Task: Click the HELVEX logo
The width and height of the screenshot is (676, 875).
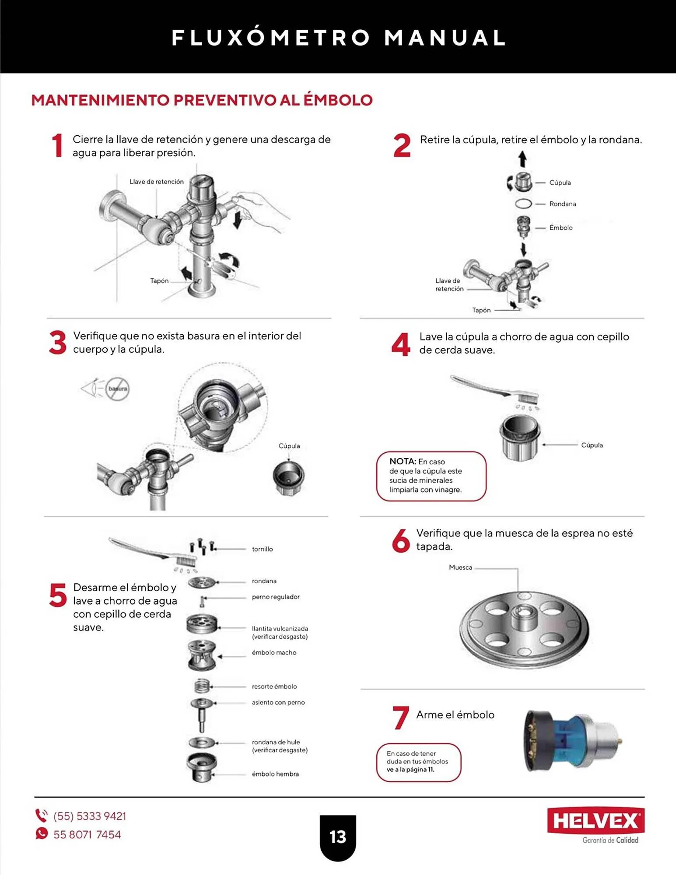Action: pyautogui.click(x=595, y=821)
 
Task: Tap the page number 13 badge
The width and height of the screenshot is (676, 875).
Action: pyautogui.click(x=338, y=837)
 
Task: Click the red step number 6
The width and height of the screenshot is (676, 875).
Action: pyautogui.click(x=401, y=540)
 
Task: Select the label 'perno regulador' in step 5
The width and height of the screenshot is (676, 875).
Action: pyautogui.click(x=276, y=597)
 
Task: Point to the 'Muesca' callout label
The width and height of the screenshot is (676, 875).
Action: pyautogui.click(x=460, y=567)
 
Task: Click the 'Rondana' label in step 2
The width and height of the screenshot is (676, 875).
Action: pyautogui.click(x=563, y=204)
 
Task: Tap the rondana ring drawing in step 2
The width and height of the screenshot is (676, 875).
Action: pyautogui.click(x=523, y=204)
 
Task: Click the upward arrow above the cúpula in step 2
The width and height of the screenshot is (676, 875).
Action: pyautogui.click(x=522, y=159)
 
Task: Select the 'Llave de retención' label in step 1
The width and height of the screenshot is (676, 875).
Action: pyautogui.click(x=157, y=182)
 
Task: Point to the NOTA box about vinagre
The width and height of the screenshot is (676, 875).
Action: pyautogui.click(x=431, y=476)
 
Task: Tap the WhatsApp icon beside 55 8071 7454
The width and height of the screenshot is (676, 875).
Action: pyautogui.click(x=42, y=833)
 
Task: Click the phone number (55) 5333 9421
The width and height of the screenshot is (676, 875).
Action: pyautogui.click(x=90, y=816)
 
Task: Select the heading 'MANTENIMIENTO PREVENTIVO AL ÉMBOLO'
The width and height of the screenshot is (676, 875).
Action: pyautogui.click(x=202, y=100)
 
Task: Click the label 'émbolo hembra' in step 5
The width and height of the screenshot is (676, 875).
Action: pyautogui.click(x=275, y=774)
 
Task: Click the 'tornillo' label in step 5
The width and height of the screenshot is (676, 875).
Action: pyautogui.click(x=262, y=549)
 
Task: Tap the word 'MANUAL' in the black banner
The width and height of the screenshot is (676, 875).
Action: pyautogui.click(x=445, y=38)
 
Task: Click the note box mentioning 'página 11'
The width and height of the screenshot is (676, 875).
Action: pyautogui.click(x=419, y=762)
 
